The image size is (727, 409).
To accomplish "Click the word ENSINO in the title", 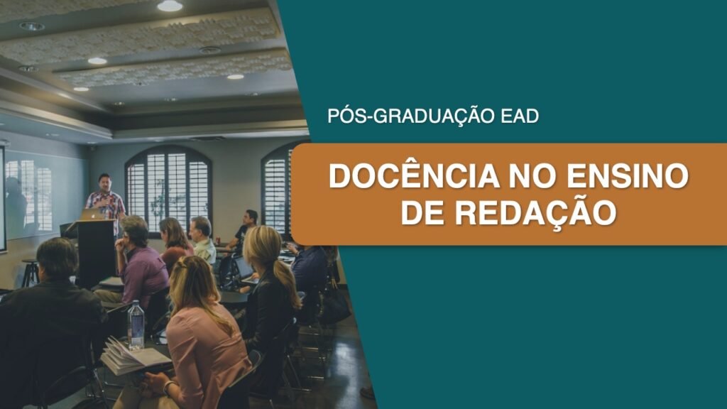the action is point(628,176).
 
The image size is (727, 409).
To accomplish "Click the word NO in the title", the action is point(533,176).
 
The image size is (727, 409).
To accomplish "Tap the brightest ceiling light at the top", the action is point(170,6).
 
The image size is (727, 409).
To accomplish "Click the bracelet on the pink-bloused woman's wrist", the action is point(168,386).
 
